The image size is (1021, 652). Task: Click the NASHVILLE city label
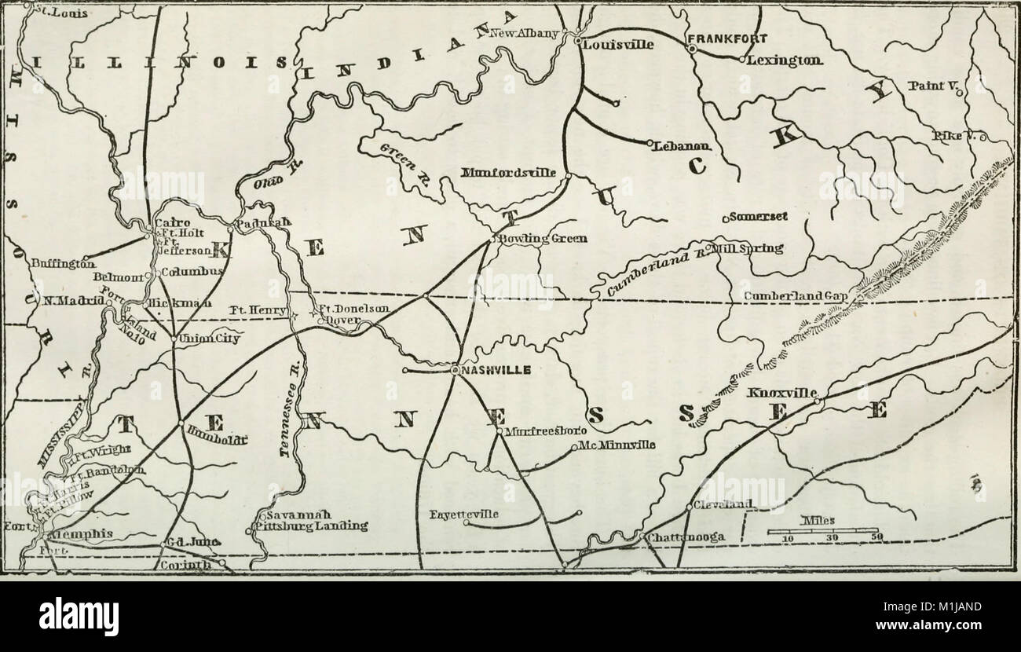[x=496, y=370]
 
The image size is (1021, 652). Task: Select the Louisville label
[x=618, y=46]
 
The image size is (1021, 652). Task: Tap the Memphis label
[x=79, y=534]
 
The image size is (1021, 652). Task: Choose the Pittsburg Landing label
[x=311, y=526]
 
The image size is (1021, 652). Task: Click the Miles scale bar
[x=822, y=533]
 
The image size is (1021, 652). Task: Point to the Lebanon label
[x=682, y=146]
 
